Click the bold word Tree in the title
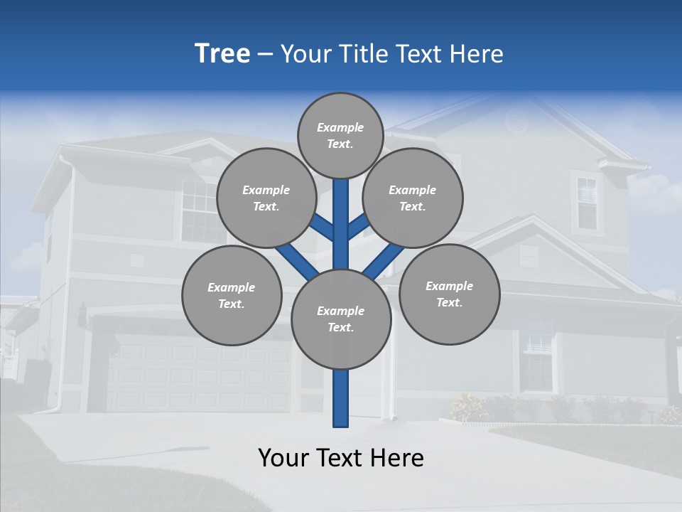coord(222,54)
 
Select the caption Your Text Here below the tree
coord(340,458)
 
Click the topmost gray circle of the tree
coord(340,135)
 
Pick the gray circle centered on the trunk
coord(341,319)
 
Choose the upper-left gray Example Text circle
coord(266,198)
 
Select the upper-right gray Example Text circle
coord(413,198)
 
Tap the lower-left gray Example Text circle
coord(232,295)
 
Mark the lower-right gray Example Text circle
coord(449,294)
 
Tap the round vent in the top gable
coord(517,121)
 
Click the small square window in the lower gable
coord(529,256)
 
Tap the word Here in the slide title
coord(479,54)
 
